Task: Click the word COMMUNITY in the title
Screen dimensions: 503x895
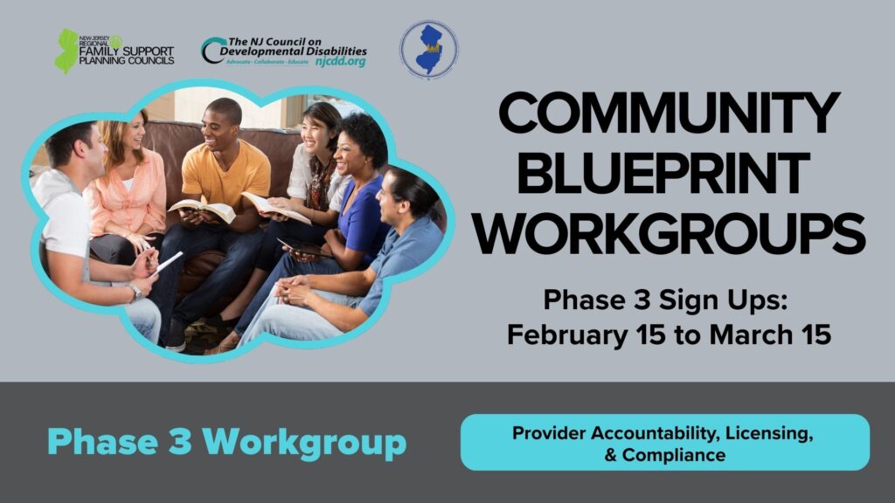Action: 669,115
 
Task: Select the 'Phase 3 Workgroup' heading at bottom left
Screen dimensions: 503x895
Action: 226,441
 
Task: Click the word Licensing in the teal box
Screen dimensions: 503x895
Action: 767,433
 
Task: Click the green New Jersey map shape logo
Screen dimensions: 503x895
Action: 66,51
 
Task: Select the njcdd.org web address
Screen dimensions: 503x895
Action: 341,63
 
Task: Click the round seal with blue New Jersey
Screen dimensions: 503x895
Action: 428,50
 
